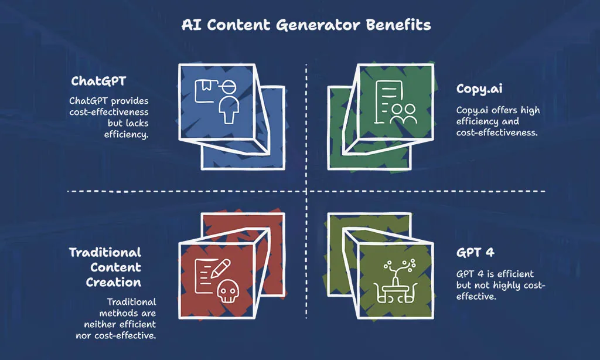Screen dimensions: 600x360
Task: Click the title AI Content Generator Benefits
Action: coord(306,25)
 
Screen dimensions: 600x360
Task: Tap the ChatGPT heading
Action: coord(98,81)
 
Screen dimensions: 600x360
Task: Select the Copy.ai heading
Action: coord(479,89)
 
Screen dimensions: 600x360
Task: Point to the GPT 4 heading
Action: coord(475,252)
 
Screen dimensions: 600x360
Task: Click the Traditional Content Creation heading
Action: coord(105,267)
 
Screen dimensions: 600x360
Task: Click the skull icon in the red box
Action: coord(228,291)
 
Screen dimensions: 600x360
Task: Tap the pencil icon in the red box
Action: coord(220,269)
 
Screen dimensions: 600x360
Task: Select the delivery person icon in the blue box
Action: coord(229,102)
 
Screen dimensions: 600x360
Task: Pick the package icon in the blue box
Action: coord(206,91)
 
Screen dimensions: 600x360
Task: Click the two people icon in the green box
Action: coord(403,114)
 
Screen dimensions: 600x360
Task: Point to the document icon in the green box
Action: coord(387,102)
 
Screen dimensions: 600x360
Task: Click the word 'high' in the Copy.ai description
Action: coord(530,111)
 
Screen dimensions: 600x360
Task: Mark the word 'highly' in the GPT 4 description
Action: coord(507,286)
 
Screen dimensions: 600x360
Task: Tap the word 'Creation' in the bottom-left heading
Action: coord(113,282)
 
